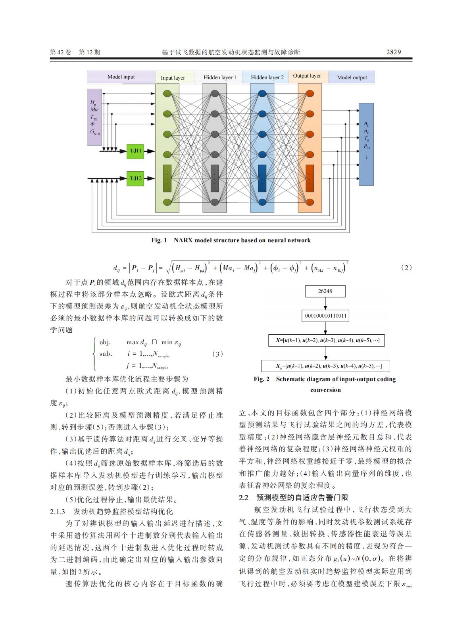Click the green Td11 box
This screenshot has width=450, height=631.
pos(135,151)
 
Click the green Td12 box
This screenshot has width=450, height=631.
pos(135,178)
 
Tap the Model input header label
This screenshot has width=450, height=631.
pos(121,77)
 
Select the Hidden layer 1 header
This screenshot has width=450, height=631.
pos(220,77)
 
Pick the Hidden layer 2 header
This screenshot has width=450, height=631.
pos(267,77)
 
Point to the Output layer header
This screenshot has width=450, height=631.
pos(307,76)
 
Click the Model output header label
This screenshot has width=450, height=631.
pos(352,77)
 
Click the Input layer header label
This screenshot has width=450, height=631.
pos(173,78)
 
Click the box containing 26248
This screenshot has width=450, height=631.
pos(325,291)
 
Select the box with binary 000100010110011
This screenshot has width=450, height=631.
pos(325,316)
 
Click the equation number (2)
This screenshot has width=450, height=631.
pos(406,268)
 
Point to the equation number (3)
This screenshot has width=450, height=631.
pos(217,354)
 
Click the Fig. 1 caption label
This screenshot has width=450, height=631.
pos(159,240)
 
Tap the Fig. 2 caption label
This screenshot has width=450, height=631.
pos(262,379)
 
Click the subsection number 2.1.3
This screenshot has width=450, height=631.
pos(58,511)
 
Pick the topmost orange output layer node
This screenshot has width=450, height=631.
pos(310,94)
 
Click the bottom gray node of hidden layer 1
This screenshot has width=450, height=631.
pos(215,201)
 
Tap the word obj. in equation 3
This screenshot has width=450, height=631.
pos(105,342)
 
